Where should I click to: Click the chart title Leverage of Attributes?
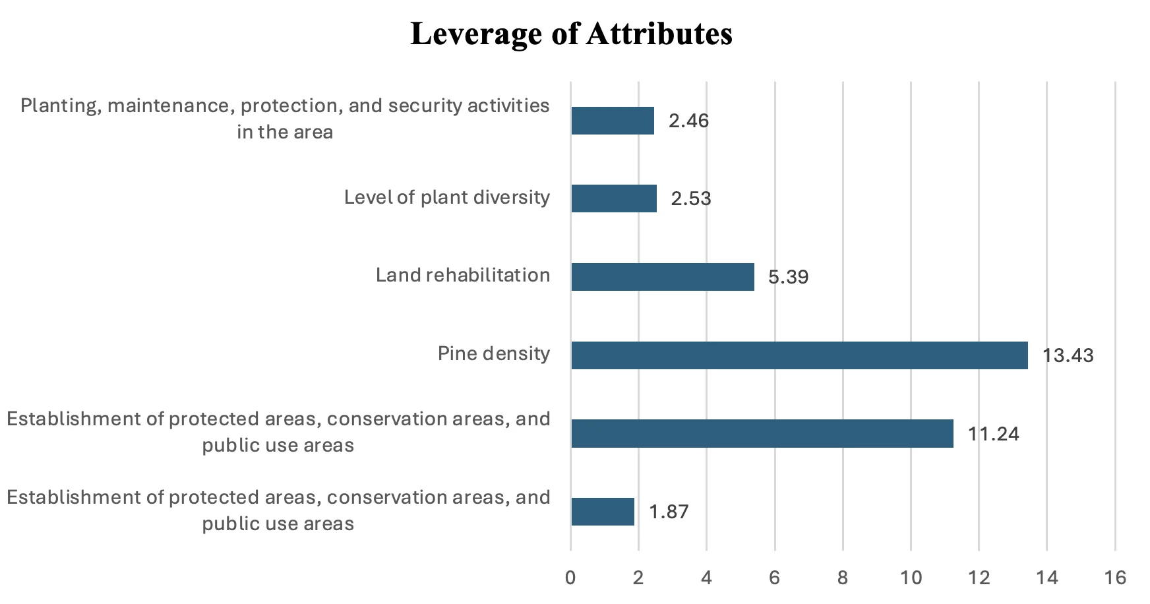pos(571,34)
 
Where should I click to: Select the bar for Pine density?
pos(799,355)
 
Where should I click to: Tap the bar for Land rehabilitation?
pos(662,277)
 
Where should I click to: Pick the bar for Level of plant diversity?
pos(613,198)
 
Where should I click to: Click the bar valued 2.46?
pos(612,121)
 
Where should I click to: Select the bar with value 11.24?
pos(762,434)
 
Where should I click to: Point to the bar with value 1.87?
pos(602,512)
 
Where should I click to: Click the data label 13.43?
pos(1068,355)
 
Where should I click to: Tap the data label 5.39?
pos(788,277)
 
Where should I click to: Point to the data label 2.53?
pos(691,198)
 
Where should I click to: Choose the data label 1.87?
pos(669,512)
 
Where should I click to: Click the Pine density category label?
pos(493,354)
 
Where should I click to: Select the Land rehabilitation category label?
pos(462,276)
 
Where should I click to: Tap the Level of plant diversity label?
pos(446,197)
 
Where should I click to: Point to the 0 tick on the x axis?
pos(570,578)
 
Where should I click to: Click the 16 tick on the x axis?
pos(1115,578)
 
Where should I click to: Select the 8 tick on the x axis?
pos(843,578)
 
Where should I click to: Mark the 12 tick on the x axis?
pos(979,578)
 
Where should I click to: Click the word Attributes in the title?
pos(659,34)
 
